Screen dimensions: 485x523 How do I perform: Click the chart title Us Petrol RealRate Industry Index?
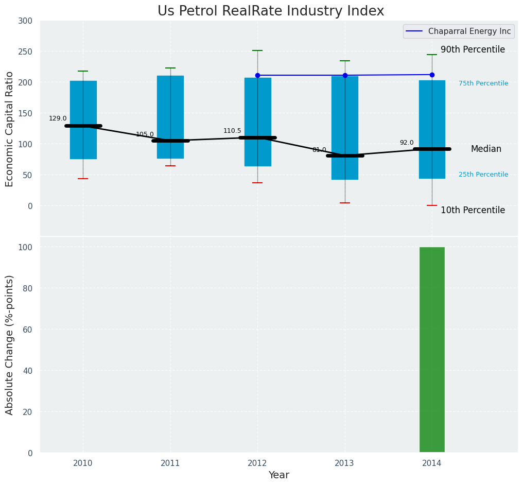[x=270, y=11]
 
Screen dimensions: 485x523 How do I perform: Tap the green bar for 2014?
[x=432, y=350]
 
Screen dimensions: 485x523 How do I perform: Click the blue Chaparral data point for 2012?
[x=257, y=75]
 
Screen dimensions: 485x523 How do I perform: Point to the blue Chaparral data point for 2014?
[x=432, y=75]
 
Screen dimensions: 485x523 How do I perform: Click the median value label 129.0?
[x=58, y=118]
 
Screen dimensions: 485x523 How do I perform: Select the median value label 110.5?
[x=232, y=131]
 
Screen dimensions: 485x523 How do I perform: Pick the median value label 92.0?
[x=407, y=143]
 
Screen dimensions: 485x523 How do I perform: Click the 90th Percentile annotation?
[x=473, y=49]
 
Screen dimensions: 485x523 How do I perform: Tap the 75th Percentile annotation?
[x=483, y=83]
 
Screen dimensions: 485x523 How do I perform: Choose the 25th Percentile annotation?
[x=483, y=175]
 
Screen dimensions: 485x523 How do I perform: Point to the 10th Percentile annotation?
[x=473, y=210]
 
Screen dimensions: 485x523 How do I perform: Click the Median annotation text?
[x=486, y=149]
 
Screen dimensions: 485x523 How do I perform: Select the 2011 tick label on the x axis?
[x=170, y=463]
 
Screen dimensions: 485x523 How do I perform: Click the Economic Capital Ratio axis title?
[x=10, y=129]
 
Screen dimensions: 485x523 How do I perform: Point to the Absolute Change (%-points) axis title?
[x=10, y=344]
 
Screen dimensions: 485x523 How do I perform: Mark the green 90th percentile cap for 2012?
[x=257, y=50]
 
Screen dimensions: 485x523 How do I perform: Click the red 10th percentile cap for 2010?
[x=83, y=179]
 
